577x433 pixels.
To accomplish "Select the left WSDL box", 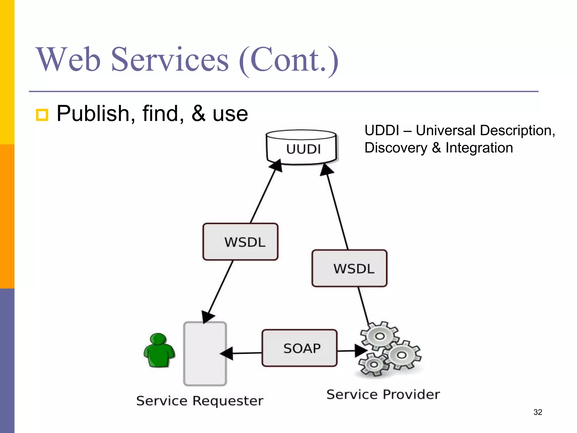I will point(240,242).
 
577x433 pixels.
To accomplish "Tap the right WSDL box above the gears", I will point(349,268).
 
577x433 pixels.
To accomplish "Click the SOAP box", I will point(300,348).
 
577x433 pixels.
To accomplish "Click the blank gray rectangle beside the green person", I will point(205,354).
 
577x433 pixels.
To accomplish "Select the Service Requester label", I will point(200,401).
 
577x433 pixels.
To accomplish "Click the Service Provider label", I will point(383,394).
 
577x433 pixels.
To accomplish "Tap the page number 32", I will point(538,412).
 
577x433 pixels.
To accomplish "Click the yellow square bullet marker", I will point(42,115).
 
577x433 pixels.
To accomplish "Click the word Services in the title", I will point(170,60).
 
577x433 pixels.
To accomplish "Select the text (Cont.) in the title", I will point(288,60).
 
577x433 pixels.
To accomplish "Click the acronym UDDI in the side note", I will point(381,131).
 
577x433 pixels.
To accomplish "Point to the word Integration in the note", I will point(479,148).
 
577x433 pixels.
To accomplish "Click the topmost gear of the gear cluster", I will point(380,336).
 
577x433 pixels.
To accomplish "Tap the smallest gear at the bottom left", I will point(373,365).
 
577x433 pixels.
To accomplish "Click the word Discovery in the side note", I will point(396,148).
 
